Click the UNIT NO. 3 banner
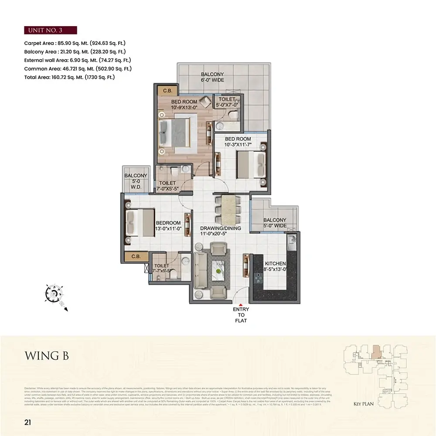tap(50, 30)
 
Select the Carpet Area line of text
tap(77, 44)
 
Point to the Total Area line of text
tap(69, 77)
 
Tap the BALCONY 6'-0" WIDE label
tap(212, 77)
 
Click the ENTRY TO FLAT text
tap(241, 315)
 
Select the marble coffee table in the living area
tap(218, 271)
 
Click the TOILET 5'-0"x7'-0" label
tap(227, 102)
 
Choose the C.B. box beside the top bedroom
tap(167, 91)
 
